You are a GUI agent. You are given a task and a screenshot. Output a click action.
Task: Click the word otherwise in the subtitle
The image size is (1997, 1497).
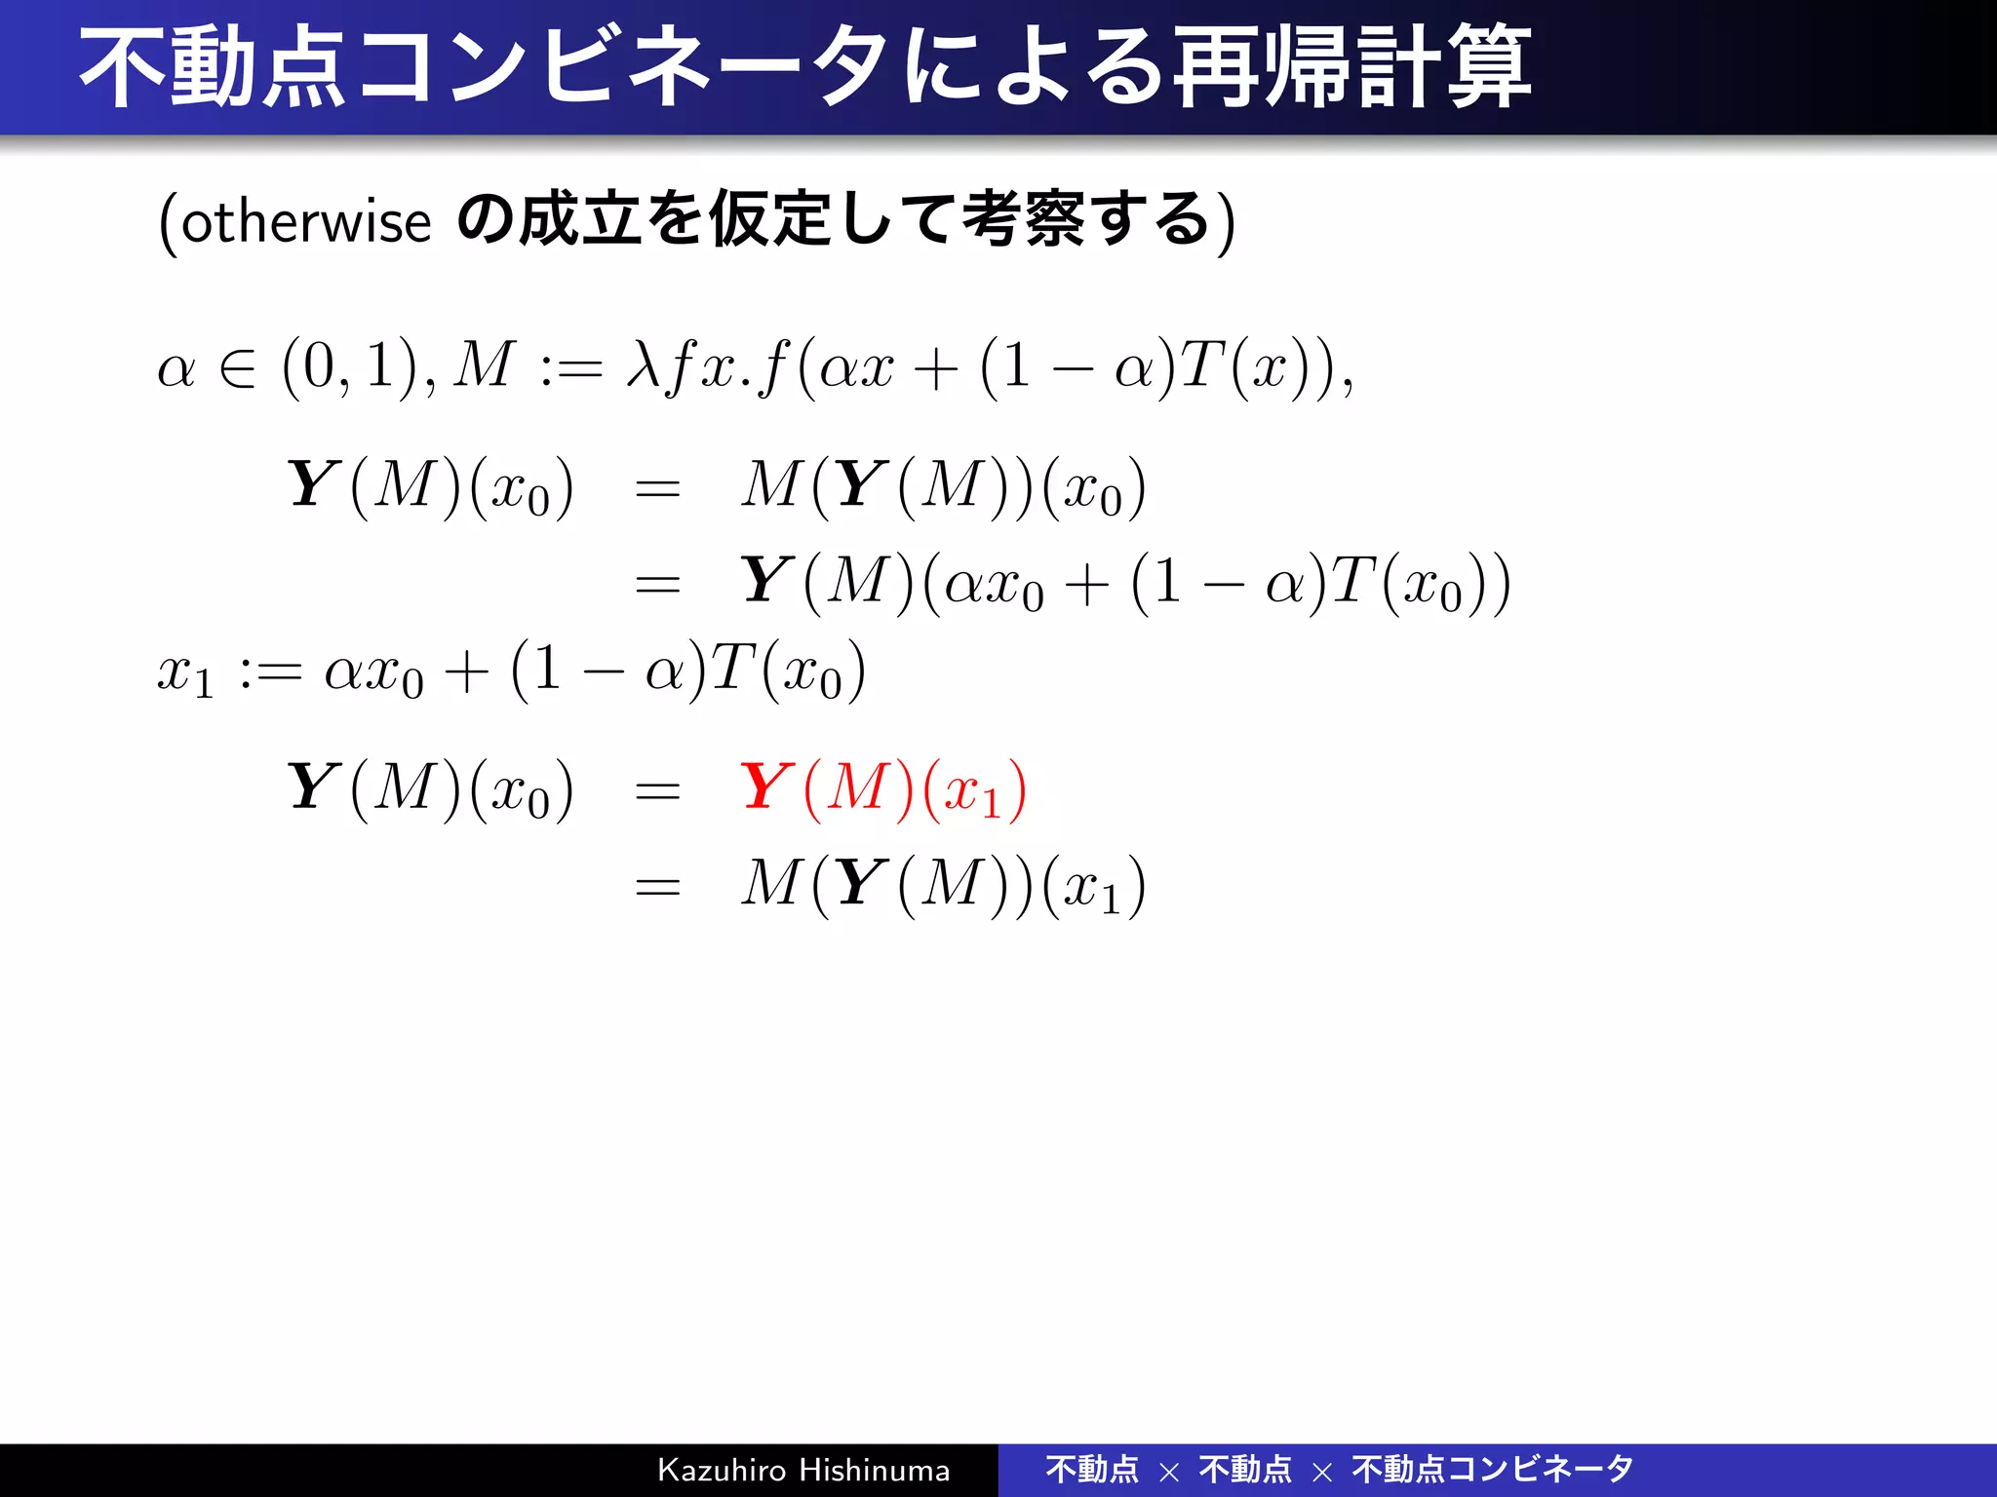tap(305, 222)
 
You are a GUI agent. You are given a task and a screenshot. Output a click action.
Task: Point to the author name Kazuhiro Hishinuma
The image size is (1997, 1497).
tap(803, 1470)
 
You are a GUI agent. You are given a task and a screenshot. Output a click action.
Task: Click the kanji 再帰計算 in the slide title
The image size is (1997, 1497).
tap(1351, 68)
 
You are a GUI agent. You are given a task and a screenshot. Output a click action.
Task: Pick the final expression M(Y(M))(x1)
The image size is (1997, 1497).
tap(943, 886)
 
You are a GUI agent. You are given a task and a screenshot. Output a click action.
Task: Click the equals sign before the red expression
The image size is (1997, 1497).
tap(657, 790)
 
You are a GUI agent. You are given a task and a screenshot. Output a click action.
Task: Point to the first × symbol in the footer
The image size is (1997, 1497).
tap(1169, 1472)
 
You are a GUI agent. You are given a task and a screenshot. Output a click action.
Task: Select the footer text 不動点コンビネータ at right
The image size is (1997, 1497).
tap(1492, 1470)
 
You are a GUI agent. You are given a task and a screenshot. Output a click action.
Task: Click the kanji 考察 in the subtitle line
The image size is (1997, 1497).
tap(1023, 220)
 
